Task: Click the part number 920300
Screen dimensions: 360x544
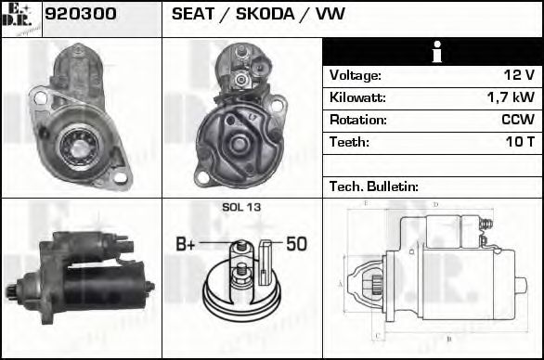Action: point(81,14)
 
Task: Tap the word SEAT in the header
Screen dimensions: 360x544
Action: point(192,14)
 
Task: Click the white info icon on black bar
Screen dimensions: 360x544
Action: point(433,52)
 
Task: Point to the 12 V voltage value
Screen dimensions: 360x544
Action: point(517,75)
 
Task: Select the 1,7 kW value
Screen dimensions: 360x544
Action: point(510,97)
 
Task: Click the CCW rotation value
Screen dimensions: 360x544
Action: point(515,120)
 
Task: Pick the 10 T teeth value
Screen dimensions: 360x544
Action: point(517,142)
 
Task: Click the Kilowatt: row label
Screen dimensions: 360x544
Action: point(357,97)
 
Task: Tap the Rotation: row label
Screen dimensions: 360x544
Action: point(357,120)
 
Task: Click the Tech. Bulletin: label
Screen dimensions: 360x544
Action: point(374,186)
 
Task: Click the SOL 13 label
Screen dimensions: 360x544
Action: point(241,207)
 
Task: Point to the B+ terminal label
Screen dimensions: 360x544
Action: point(186,245)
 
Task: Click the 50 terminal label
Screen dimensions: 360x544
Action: point(296,245)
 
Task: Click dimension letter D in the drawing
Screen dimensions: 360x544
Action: point(434,203)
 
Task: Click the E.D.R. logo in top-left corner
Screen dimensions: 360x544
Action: point(20,19)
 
